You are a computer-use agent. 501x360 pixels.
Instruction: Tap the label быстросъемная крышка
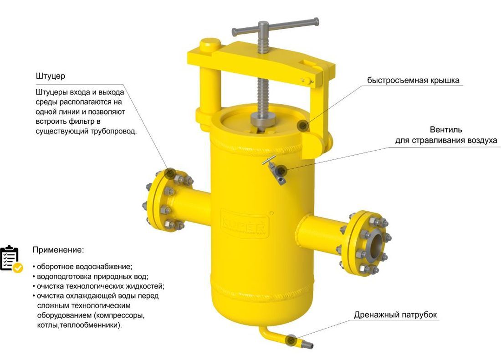coord(414,81)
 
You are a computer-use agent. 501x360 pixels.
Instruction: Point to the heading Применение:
coord(58,250)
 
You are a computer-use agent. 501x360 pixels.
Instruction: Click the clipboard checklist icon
coord(10,259)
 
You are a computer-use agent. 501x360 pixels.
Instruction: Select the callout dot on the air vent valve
coord(281,171)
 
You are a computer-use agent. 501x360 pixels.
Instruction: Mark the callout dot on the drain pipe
coord(292,339)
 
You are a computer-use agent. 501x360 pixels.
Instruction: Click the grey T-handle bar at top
coord(275,27)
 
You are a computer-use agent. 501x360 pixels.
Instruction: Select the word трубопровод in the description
coord(116,131)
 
